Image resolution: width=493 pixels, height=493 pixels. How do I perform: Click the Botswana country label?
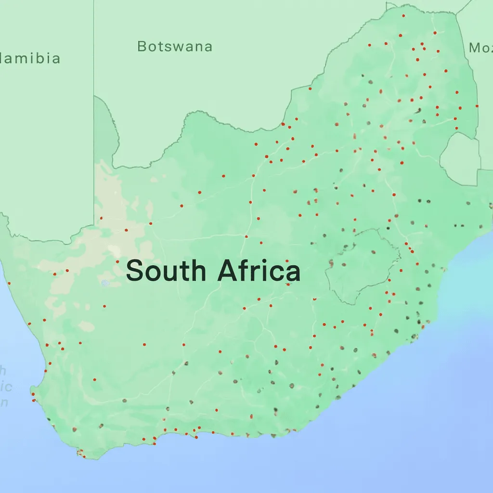pos(174,47)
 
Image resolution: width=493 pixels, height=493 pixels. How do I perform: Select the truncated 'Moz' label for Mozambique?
pos(480,47)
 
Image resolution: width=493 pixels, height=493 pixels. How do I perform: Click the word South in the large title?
pos(166,271)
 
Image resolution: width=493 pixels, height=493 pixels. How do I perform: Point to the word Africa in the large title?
pos(259,271)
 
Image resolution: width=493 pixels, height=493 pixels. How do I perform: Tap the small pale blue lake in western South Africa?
pos(105,283)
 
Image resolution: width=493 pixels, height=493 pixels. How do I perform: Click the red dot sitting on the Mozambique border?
pos(477,105)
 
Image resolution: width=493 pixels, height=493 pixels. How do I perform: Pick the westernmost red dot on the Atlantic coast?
pos(9,283)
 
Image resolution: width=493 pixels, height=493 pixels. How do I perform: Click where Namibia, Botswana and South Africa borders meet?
pos(94,96)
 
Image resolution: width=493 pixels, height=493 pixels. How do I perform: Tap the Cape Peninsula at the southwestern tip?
pos(81,453)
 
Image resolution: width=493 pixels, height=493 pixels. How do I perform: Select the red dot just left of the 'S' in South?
pos(117,261)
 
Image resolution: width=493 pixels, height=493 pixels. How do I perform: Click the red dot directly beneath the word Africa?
pos(287,284)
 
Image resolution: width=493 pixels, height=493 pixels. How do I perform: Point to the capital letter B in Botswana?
pos(142,47)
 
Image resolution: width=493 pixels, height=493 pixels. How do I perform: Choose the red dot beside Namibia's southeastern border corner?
pos(101,218)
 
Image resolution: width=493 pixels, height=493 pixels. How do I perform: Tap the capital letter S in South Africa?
pos(135,271)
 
